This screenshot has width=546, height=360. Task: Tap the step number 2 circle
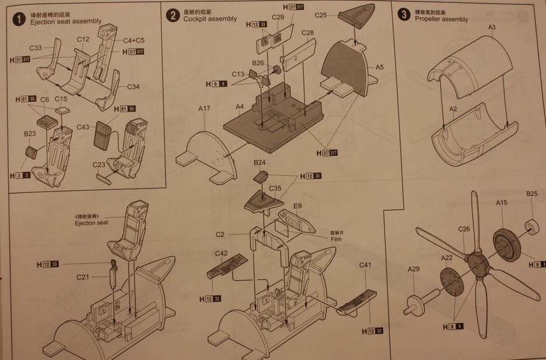172,15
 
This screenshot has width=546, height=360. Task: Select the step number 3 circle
404,15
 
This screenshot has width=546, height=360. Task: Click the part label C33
35,48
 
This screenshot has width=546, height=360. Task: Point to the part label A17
204,108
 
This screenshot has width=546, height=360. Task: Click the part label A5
379,67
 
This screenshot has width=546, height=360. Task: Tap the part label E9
298,206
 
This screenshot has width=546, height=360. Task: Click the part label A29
413,269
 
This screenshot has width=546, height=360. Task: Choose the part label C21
83,277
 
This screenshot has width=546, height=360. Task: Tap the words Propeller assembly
441,19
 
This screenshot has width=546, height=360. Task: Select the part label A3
491,27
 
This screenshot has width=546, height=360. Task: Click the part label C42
221,253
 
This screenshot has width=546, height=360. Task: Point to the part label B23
30,134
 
